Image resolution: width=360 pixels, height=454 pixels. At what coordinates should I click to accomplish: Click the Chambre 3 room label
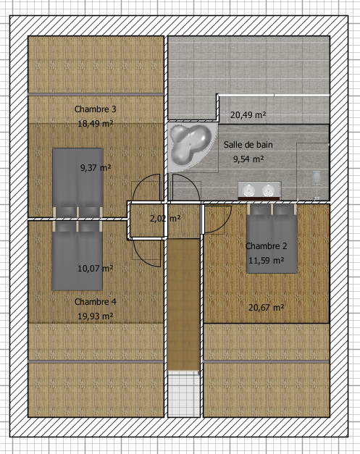[x=96, y=109]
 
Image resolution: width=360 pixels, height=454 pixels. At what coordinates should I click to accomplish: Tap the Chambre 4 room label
[x=96, y=302]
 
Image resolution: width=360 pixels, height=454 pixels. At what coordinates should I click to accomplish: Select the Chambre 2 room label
[x=267, y=246]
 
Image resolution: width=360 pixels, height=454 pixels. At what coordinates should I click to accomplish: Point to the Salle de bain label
[x=248, y=145]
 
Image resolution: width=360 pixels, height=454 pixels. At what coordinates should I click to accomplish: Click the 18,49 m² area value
[x=96, y=124]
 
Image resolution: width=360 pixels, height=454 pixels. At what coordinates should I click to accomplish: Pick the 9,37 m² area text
[x=96, y=168]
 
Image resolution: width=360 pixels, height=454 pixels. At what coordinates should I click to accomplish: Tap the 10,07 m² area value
[x=96, y=269]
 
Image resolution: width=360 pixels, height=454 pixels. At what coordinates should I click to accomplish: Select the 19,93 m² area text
[x=96, y=316]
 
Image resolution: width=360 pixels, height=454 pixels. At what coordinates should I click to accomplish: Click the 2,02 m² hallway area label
[x=165, y=219]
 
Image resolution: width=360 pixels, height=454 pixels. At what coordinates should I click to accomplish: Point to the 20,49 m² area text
[x=248, y=115]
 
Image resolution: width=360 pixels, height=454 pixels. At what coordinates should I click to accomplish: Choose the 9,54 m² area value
[x=248, y=159]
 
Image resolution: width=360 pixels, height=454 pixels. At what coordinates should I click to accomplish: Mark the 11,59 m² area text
[x=267, y=260]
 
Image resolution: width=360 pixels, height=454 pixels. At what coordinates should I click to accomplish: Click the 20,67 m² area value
[x=267, y=308]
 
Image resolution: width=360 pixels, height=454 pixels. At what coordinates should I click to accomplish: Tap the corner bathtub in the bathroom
[x=190, y=145]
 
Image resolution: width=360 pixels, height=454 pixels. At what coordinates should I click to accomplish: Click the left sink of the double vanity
[x=248, y=191]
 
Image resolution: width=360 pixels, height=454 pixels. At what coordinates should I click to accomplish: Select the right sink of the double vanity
[x=269, y=191]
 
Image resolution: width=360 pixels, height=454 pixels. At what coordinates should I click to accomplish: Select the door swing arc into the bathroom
[x=192, y=182]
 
